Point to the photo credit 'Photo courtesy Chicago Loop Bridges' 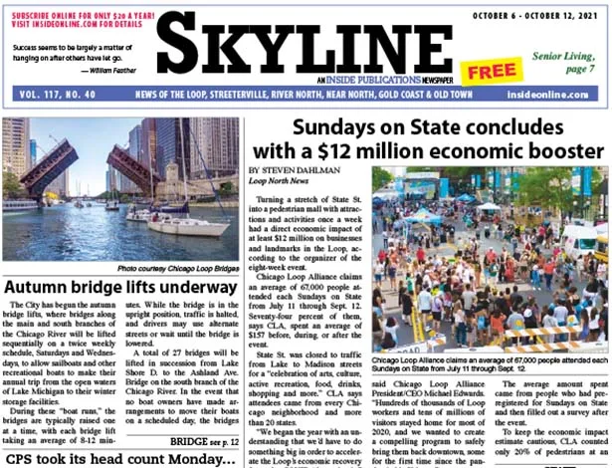pyautogui.click(x=176, y=269)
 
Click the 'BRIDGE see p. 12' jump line pyautogui.click(x=203, y=440)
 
